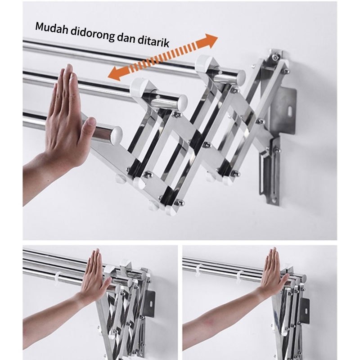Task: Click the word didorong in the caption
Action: [92, 35]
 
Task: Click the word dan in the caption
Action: [126, 38]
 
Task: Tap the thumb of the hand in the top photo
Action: [88, 130]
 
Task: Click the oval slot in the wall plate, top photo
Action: [291, 110]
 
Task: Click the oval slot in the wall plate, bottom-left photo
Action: [151, 303]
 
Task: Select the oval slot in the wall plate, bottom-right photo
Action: [306, 311]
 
